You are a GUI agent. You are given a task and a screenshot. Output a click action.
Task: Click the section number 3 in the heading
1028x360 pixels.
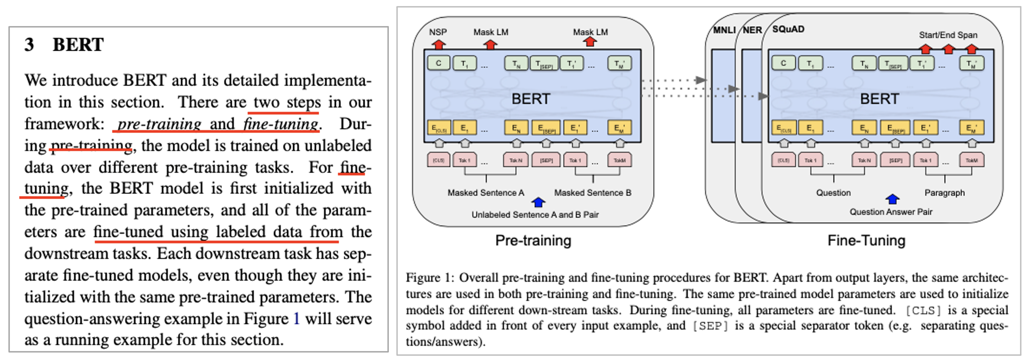coord(29,45)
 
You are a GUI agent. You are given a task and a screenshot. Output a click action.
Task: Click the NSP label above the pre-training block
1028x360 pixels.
coord(438,32)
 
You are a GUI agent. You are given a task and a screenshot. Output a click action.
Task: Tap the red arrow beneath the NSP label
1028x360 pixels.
coord(438,44)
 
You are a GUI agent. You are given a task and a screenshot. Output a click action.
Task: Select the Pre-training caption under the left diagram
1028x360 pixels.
coord(533,240)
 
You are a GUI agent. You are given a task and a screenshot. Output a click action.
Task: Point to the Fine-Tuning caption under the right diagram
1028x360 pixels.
coord(866,240)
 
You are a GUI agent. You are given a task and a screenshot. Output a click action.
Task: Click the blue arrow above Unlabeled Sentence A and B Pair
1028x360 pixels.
coord(538,202)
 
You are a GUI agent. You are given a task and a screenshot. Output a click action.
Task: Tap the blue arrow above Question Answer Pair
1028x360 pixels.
coord(892,200)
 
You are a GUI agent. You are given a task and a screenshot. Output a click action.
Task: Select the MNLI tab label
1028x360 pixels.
coord(724,30)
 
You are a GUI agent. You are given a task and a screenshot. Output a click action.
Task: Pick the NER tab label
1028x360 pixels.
coord(752,30)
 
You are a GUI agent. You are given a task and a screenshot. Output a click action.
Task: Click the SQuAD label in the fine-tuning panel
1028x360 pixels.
coord(788,29)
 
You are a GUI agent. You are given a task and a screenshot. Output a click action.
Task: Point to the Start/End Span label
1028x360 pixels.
coord(948,35)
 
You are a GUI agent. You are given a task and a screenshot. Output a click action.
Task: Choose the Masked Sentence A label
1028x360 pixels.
coord(486,193)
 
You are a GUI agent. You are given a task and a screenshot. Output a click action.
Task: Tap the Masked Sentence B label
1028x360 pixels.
coord(593,193)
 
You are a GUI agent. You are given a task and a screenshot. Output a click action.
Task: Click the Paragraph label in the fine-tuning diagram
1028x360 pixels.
coord(944,193)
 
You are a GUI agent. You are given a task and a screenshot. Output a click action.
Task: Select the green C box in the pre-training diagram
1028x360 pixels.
coord(438,63)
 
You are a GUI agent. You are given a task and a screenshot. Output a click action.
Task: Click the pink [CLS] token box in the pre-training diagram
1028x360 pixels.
coord(438,160)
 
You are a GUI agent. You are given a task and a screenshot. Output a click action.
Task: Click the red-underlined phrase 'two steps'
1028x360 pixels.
coord(284,102)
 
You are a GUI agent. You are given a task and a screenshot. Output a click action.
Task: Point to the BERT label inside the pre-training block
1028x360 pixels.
coord(531,99)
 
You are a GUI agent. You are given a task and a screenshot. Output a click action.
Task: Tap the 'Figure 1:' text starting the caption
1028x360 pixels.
coord(429,278)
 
